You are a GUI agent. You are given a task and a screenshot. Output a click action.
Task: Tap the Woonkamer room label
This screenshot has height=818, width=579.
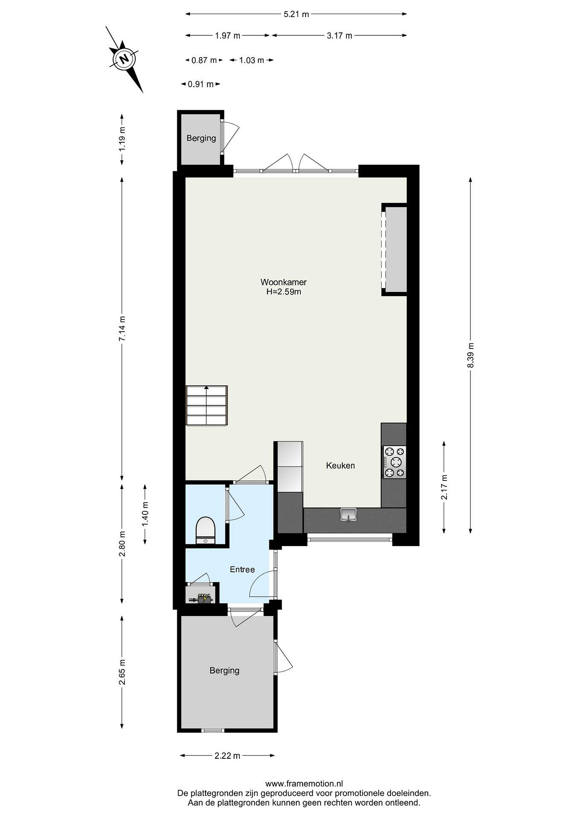coord(283,282)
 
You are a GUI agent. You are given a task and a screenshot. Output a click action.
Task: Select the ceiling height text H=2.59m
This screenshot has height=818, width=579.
coord(284,292)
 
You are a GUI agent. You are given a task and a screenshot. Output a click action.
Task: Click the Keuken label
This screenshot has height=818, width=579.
coord(341,465)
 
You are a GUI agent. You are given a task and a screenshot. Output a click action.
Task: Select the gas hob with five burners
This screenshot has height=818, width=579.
coord(394,462)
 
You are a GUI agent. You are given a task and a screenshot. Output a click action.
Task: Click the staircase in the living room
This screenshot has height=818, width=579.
coord(207,405)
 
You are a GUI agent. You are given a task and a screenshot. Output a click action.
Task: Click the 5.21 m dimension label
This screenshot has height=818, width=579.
coord(296,14)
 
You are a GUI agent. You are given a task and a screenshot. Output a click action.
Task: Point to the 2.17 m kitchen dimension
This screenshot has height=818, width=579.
coord(444,487)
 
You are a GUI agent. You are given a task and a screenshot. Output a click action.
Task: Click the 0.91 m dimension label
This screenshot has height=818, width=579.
coord(201,84)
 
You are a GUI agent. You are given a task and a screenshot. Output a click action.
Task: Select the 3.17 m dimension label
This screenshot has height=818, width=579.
coord(339,36)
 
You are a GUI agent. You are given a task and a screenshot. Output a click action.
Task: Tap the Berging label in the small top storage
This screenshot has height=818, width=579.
coord(202,138)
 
